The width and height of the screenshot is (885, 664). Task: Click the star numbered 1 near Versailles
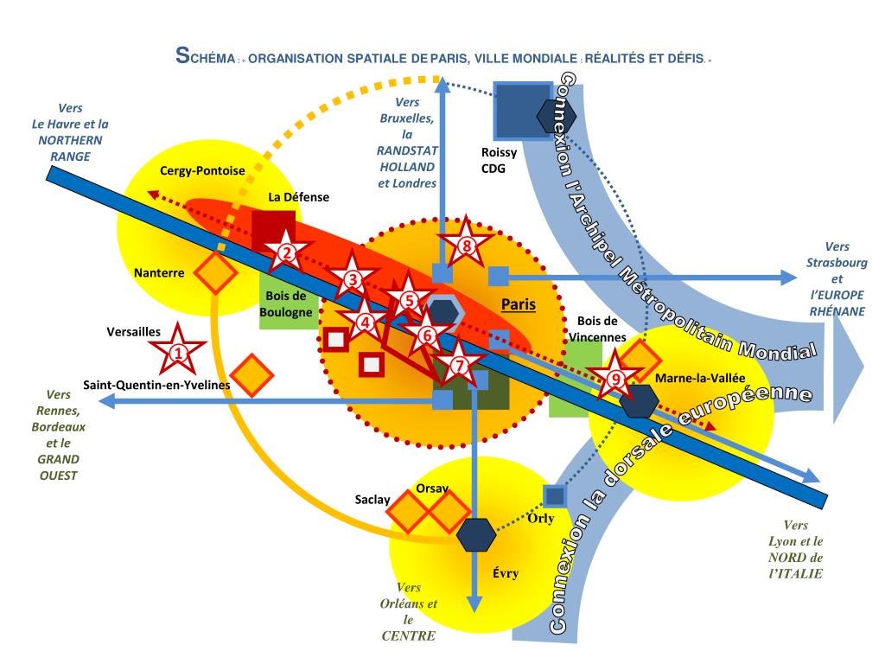click(178, 351)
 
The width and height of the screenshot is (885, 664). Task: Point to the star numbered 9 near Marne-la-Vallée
click(614, 377)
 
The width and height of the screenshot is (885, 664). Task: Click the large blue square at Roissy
click(522, 112)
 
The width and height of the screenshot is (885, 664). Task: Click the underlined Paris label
click(519, 304)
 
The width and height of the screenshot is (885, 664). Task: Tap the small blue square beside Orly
click(554, 496)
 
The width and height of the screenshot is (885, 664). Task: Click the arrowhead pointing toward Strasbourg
click(786, 278)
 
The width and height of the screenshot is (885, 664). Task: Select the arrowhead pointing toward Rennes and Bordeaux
click(107, 400)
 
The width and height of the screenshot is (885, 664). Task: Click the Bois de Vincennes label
click(595, 329)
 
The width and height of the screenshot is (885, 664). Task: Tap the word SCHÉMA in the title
click(205, 59)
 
